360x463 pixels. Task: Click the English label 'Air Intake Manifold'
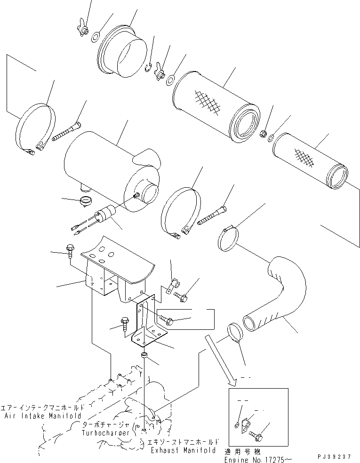(x=44, y=416)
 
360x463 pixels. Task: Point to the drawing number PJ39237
(x=338, y=456)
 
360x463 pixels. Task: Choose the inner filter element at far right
(x=311, y=160)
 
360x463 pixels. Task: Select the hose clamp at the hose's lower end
(x=235, y=333)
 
